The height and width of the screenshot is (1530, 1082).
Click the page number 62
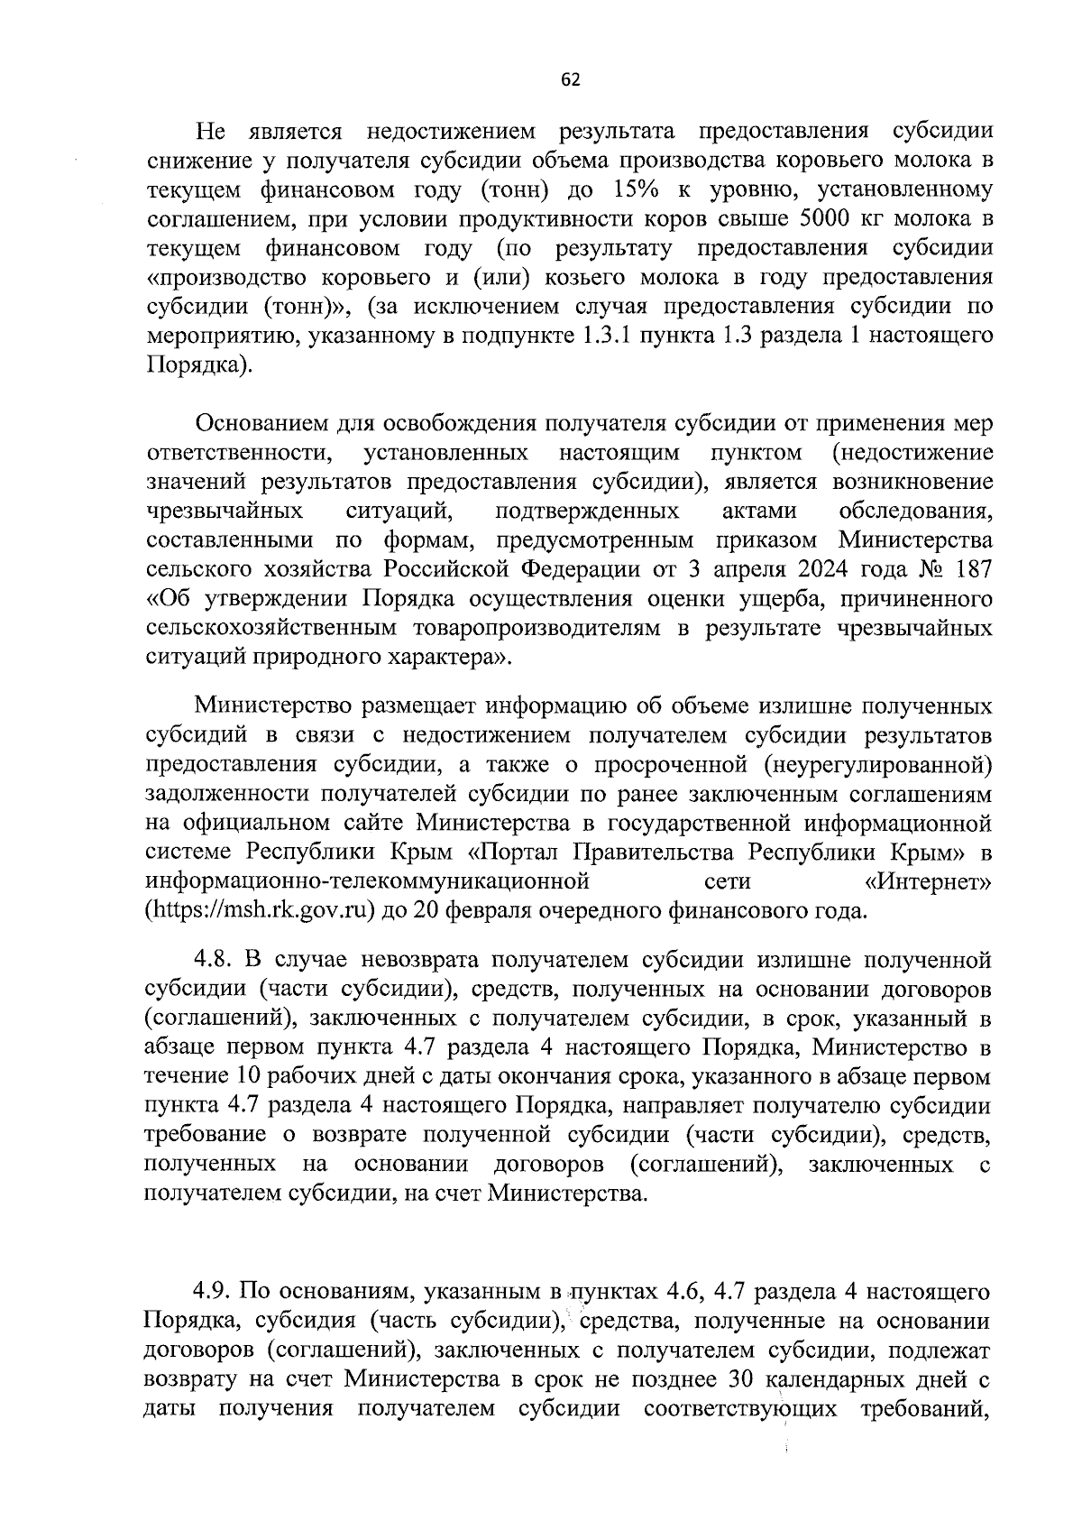(570, 79)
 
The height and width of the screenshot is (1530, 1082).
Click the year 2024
(802, 570)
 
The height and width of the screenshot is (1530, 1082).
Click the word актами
(759, 512)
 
